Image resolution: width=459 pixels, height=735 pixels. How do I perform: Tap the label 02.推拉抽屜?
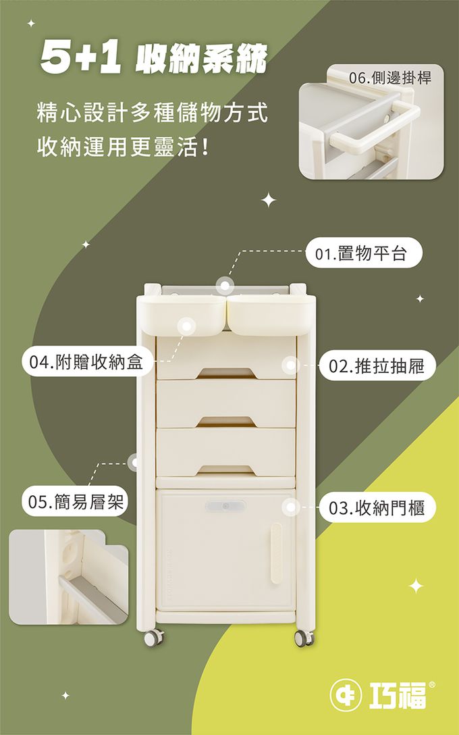click(x=377, y=365)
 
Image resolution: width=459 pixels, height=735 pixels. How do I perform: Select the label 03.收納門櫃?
click(x=377, y=507)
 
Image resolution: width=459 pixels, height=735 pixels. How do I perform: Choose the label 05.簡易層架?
click(x=75, y=502)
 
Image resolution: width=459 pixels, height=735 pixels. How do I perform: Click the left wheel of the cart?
click(x=154, y=637)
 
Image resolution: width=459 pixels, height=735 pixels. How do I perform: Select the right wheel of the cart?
click(x=304, y=638)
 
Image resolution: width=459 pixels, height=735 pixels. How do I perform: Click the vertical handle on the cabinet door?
click(x=277, y=553)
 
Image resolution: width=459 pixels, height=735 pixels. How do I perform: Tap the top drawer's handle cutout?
click(x=226, y=373)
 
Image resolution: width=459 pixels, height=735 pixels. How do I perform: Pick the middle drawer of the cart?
click(x=225, y=403)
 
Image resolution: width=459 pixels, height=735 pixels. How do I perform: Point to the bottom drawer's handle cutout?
click(x=226, y=470)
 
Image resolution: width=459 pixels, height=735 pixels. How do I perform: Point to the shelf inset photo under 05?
click(x=68, y=577)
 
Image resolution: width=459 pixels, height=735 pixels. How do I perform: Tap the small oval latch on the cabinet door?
click(x=225, y=506)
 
